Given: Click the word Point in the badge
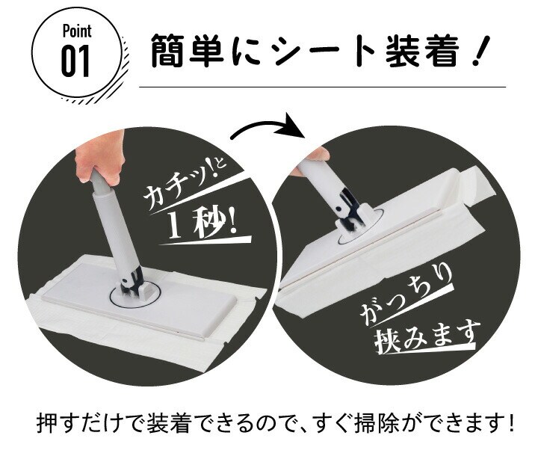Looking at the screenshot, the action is [x=77, y=31].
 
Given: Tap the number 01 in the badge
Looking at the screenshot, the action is [x=75, y=61].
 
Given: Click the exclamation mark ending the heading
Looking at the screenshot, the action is [x=478, y=51].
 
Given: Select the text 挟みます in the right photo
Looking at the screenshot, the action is [x=425, y=336].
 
